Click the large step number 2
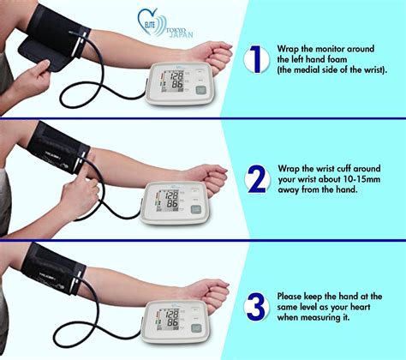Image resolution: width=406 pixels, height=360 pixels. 254,179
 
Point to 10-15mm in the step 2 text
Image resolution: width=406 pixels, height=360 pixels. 363,181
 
